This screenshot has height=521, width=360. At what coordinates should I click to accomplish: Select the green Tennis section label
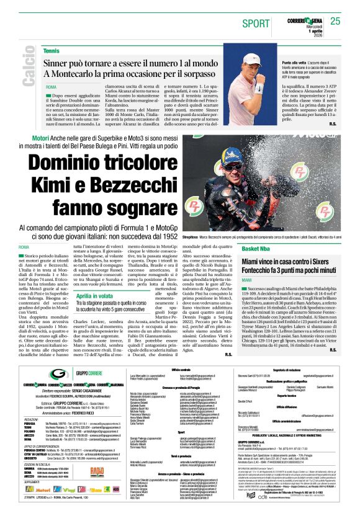point(52,50)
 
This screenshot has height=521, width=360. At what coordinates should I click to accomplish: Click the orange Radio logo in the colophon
point(97,472)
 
